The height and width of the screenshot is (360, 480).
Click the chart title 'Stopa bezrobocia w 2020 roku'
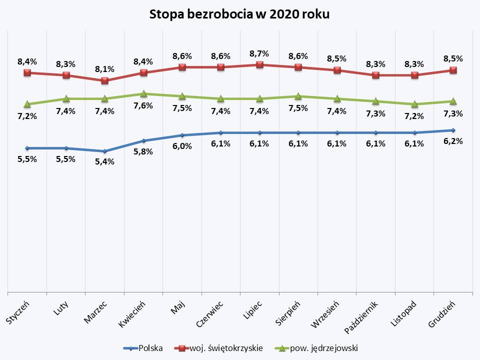click(x=239, y=14)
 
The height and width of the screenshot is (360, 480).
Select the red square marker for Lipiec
click(x=259, y=64)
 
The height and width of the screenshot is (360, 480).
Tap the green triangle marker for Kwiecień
click(x=143, y=93)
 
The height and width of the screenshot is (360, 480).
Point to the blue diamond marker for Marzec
click(x=104, y=151)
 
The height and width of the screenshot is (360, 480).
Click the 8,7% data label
click(x=259, y=53)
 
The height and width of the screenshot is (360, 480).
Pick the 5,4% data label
click(x=104, y=161)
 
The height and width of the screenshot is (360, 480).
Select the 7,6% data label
click(x=143, y=106)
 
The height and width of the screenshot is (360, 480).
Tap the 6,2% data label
click(x=453, y=141)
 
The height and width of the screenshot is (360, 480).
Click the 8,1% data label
click(x=104, y=69)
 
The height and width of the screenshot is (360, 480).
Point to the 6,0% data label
click(x=182, y=146)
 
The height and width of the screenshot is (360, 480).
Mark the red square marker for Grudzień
click(x=453, y=70)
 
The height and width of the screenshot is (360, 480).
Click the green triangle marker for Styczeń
click(x=27, y=104)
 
